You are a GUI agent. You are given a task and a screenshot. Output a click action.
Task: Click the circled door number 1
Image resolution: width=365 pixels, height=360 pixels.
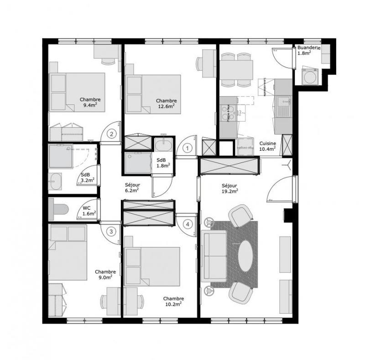[x=187, y=148]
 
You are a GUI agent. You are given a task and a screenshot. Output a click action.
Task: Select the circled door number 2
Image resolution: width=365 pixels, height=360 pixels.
[x=111, y=134]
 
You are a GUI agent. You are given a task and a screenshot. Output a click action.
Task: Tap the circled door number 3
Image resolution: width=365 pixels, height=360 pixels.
[x=111, y=231]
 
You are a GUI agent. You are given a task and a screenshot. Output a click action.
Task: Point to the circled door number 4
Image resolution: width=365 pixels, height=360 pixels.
[x=187, y=224]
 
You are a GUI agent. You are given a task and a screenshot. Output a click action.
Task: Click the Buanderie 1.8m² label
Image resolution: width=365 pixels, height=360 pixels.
[x=308, y=50]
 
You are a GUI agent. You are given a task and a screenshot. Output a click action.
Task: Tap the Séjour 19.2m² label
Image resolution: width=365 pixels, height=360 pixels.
[x=229, y=189]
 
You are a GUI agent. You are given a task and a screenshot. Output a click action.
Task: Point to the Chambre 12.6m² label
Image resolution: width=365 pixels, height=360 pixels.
[x=166, y=104]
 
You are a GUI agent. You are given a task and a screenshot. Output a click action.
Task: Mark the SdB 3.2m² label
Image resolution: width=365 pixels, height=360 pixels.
[x=88, y=178]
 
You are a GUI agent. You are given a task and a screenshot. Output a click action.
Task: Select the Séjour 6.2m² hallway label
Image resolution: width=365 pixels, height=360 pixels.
[x=132, y=188]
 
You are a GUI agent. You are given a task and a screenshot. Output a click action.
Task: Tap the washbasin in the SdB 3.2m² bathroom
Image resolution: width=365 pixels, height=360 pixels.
[x=55, y=182]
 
